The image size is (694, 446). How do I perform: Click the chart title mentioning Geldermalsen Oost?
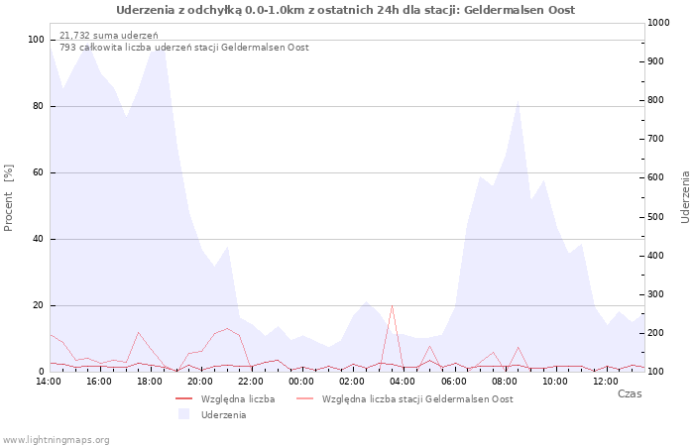point(345,10)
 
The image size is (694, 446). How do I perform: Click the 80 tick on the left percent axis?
point(38,106)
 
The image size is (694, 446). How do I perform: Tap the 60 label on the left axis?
point(38,172)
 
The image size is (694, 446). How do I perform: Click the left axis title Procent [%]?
point(9,198)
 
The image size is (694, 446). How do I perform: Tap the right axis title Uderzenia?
point(685,196)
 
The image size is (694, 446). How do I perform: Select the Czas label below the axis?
point(629,393)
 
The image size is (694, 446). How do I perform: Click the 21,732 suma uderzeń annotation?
point(109,35)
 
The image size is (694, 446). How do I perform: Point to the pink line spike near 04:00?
point(393,305)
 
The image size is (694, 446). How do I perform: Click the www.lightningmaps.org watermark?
point(57,439)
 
